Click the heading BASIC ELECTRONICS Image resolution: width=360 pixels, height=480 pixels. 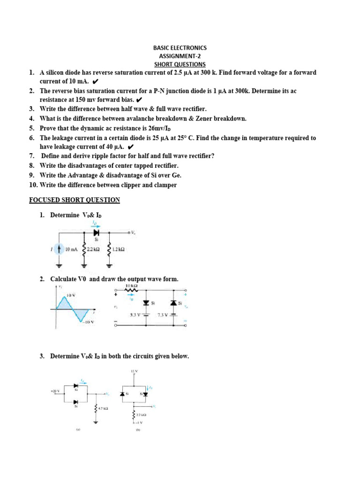tap(180, 48)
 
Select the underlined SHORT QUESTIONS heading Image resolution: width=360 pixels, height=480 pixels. tap(180, 64)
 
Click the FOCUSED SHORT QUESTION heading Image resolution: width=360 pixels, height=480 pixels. tap(75, 200)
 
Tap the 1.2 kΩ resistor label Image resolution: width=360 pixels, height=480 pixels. tap(119, 250)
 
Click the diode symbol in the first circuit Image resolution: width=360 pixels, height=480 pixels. tap(97, 232)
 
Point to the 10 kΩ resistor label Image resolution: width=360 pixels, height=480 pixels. tap(132, 285)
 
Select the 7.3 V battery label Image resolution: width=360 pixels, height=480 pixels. tap(163, 315)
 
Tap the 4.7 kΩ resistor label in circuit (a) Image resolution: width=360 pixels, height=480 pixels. tap(103, 409)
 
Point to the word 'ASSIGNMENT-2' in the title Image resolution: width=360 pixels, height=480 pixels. tap(180, 56)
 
